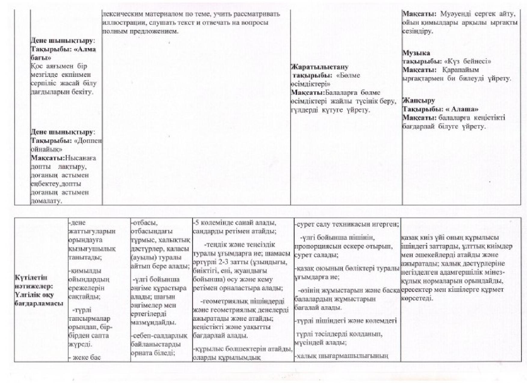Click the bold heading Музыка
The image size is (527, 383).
coord(416,53)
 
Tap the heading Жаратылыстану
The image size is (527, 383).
coord(320,67)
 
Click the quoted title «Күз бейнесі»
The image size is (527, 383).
coord(467,62)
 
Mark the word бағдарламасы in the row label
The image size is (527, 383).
coord(39,303)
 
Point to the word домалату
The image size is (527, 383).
coord(46,201)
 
